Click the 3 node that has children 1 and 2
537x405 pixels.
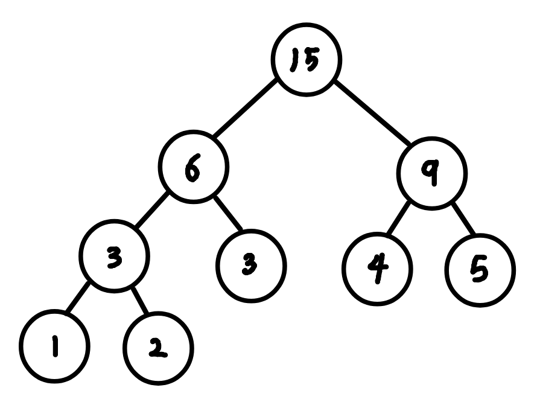click(115, 258)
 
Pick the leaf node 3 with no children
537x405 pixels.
click(250, 266)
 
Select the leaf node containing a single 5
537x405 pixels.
click(481, 270)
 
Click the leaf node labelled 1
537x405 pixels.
click(54, 346)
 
